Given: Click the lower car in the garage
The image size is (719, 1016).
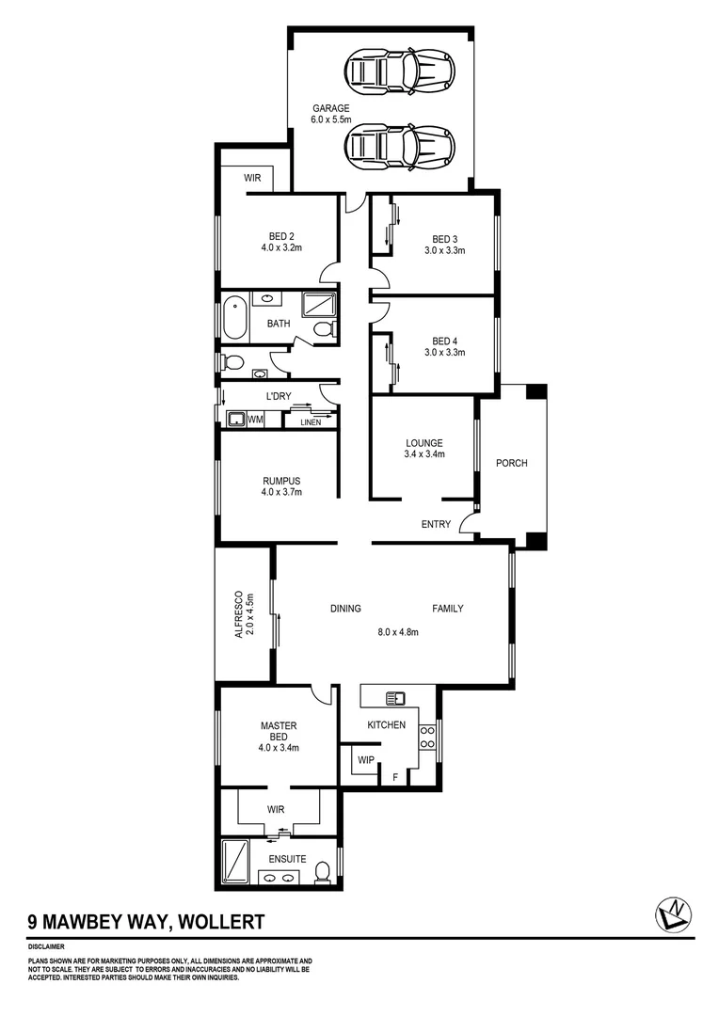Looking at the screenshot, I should click(x=400, y=146).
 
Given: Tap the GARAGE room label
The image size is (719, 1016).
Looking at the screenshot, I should click(x=331, y=108).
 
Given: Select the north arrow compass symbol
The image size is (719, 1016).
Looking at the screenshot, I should click(x=674, y=913).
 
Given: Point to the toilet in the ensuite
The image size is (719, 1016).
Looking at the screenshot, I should click(x=322, y=871).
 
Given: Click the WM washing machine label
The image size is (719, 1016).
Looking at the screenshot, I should click(x=255, y=421).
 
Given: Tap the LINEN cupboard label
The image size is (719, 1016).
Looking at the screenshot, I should click(x=311, y=422).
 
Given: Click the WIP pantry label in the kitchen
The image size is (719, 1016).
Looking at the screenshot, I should click(x=365, y=759).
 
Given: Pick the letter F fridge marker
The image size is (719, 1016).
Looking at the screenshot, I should click(x=394, y=776).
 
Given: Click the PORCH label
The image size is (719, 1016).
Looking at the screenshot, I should click(x=512, y=463).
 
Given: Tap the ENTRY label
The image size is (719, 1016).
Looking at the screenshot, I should click(x=436, y=524).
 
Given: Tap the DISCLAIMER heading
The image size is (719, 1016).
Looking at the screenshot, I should click(x=46, y=947).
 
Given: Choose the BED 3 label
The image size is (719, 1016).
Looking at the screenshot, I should click(x=445, y=238).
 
